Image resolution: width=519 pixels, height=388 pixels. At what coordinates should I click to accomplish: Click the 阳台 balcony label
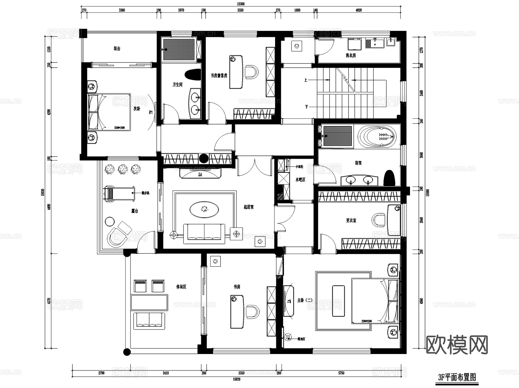[117, 49]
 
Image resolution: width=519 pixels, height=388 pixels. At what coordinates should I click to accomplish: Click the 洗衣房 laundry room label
[351, 55]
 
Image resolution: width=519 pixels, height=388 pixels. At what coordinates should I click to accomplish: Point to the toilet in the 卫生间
[193, 75]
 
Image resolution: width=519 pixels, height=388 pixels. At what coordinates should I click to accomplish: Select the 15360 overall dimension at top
[240, 4]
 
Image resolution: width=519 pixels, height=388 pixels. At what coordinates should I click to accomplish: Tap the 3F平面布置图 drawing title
[457, 377]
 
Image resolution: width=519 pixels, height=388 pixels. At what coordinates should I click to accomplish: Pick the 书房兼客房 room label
[219, 76]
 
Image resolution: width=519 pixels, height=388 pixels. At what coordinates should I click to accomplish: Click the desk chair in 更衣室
[379, 220]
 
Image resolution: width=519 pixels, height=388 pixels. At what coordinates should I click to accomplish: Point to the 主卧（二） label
[305, 300]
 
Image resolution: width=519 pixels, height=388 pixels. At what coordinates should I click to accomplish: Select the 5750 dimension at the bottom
[341, 373]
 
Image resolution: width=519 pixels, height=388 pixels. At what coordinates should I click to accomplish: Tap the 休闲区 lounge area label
[181, 287]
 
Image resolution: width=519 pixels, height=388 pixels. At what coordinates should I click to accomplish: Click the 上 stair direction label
[306, 80]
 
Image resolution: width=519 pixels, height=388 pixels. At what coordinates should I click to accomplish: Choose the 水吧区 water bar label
[300, 180]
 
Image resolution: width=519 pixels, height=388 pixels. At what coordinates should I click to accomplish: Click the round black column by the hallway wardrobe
[204, 158]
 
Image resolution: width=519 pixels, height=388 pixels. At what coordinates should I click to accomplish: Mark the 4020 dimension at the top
[358, 10]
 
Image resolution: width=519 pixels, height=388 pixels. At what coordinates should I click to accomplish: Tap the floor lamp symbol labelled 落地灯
[287, 337]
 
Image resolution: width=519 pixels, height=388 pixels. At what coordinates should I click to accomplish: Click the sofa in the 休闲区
[149, 321]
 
